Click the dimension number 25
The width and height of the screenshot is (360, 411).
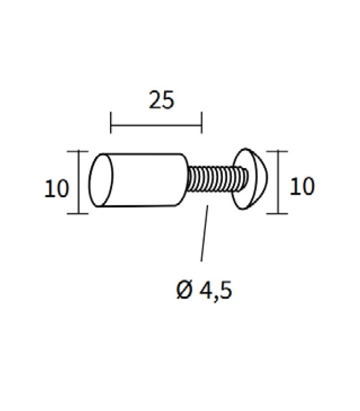[161, 100]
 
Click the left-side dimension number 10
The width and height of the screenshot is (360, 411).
[57, 189]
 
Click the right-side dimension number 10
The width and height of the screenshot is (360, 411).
[302, 186]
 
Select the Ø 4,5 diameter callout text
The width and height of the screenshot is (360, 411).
[204, 291]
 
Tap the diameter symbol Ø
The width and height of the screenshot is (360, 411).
[185, 290]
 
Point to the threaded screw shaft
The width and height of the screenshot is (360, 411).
[217, 180]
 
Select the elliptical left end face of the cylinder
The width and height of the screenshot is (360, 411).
[101, 180]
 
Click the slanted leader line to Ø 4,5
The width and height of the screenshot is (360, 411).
[204, 233]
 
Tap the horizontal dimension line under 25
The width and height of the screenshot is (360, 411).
[156, 125]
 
